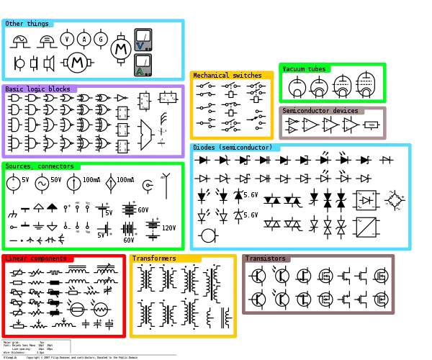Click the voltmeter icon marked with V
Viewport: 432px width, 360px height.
click(x=143, y=40)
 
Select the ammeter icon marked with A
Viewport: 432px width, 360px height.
click(x=143, y=65)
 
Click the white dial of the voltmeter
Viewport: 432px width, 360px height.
click(x=143, y=36)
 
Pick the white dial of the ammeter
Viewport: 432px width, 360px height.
click(x=143, y=60)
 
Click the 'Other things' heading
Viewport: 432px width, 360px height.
click(x=27, y=24)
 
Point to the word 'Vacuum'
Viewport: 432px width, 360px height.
click(x=294, y=69)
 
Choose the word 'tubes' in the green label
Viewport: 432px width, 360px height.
click(x=318, y=69)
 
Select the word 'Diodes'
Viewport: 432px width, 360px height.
click(x=204, y=148)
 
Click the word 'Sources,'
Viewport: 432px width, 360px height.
click(x=19, y=166)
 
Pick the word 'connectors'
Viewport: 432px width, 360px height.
click(x=56, y=166)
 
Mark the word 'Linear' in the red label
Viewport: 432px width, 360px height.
click(x=17, y=258)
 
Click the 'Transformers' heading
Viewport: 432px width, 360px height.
click(x=154, y=258)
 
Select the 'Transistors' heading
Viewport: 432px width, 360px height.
click(x=265, y=258)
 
